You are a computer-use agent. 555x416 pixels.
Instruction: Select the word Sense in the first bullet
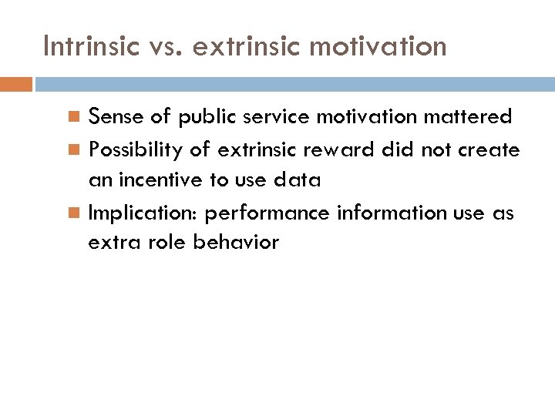[114, 117]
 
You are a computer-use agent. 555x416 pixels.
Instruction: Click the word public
[207, 117]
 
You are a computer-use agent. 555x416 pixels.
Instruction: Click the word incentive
[160, 180]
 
